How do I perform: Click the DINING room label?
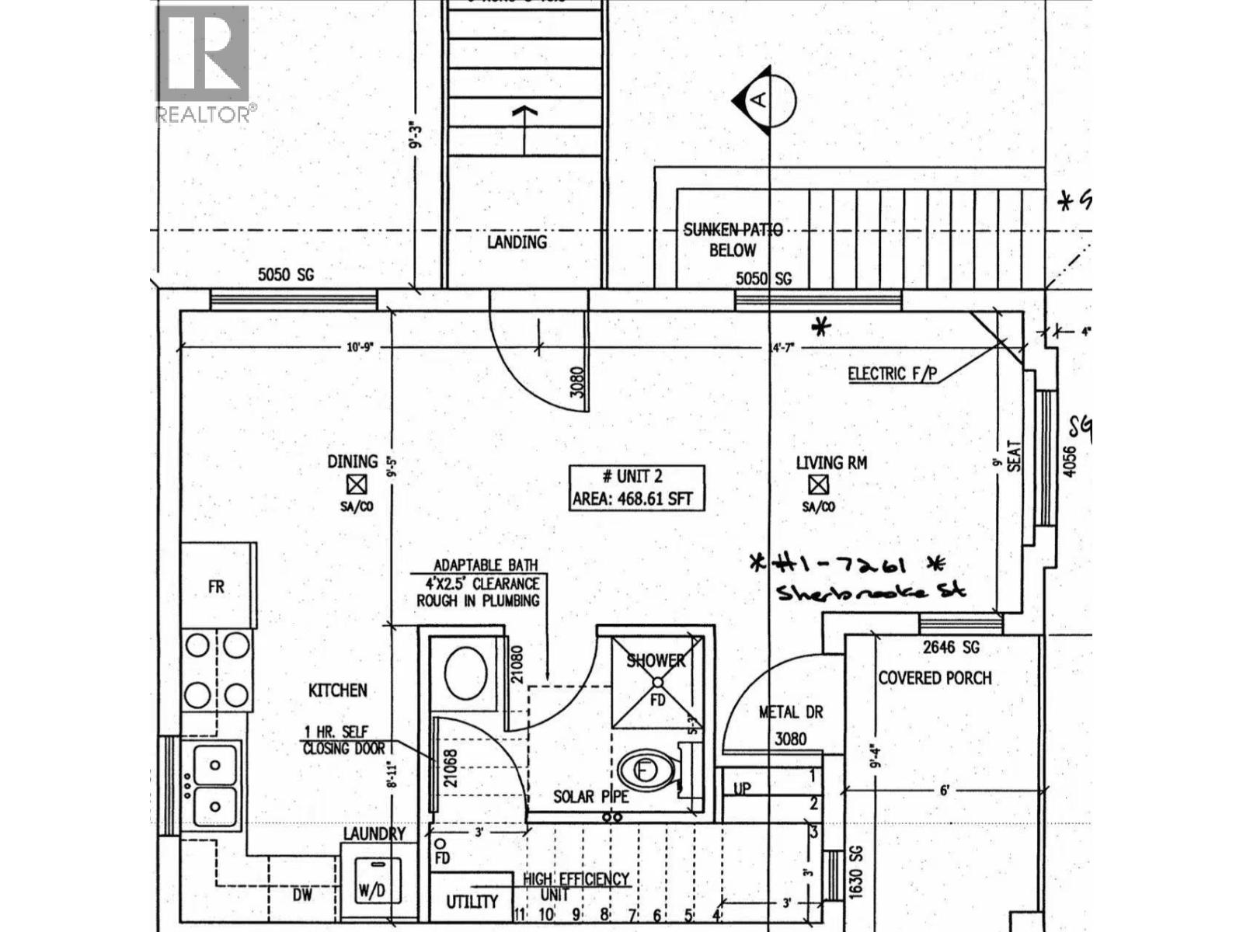pyautogui.click(x=353, y=462)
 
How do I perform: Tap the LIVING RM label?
pyautogui.click(x=831, y=463)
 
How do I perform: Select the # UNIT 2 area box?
pyautogui.click(x=636, y=488)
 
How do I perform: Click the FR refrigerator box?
pyautogui.click(x=217, y=586)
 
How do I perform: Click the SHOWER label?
pyautogui.click(x=656, y=661)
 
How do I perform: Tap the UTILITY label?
pyautogui.click(x=472, y=902)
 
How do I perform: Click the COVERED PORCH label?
pyautogui.click(x=935, y=678)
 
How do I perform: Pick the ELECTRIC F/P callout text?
pyautogui.click(x=892, y=374)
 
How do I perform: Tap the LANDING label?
pyautogui.click(x=517, y=242)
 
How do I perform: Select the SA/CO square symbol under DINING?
pyautogui.click(x=357, y=485)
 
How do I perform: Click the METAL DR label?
pyautogui.click(x=790, y=712)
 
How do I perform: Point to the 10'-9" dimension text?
pyautogui.click(x=360, y=348)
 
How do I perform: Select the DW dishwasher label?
pyautogui.click(x=302, y=895)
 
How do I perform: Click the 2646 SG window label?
pyautogui.click(x=951, y=647)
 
